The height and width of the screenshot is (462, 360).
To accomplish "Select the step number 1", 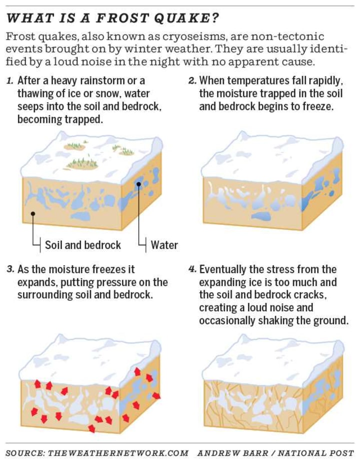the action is point(9,80).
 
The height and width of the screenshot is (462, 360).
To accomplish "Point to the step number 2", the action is point(192,80).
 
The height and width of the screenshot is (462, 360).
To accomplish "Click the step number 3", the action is point(10,269).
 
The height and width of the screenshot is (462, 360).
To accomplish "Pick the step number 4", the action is point(192,269).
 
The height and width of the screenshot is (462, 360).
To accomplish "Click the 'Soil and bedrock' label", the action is point(82,245).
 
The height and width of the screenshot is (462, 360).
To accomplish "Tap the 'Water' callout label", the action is point(164,245).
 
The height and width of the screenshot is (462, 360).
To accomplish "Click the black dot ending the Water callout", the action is point(138,184).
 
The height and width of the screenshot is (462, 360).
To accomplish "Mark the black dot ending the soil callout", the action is point(33,213).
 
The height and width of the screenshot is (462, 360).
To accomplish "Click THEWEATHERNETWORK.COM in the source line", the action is point(118,453).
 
